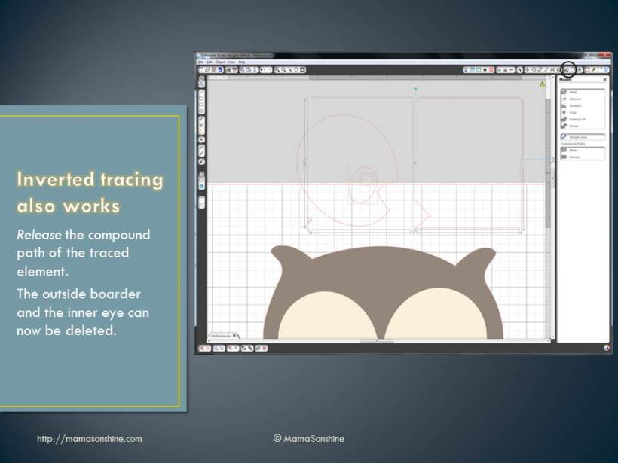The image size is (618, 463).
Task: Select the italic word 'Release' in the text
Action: pos(39,235)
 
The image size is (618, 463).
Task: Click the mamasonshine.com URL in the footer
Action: pos(89,438)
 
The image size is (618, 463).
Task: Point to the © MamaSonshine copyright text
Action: pos(308,438)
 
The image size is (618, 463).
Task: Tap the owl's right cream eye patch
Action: pos(437,316)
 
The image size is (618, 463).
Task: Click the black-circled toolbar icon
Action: pos(568,69)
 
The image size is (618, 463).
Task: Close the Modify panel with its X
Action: pos(604,79)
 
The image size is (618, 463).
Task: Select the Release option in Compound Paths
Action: pos(575,157)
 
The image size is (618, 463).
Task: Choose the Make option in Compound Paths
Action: pos(574,150)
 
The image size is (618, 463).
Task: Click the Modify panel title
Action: pos(565,79)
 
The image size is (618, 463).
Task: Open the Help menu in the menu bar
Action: pos(241,62)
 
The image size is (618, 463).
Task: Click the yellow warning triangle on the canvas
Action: pos(542,84)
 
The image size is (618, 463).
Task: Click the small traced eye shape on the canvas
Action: pos(366,179)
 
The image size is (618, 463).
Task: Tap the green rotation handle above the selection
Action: pos(415,89)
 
